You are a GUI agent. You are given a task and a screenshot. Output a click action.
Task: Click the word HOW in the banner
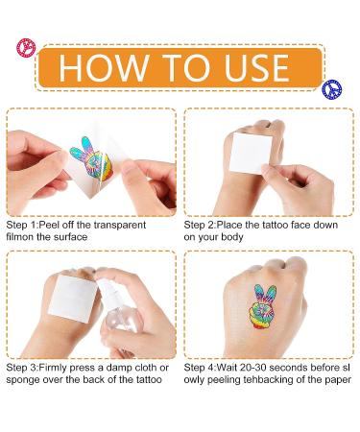[104, 67]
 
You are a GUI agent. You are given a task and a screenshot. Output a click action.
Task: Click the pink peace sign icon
[26, 48]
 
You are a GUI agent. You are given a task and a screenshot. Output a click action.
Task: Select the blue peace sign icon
[332, 89]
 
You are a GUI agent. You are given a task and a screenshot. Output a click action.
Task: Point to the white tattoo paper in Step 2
[252, 153]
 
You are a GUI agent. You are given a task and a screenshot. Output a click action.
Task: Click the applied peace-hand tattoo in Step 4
[262, 306]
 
